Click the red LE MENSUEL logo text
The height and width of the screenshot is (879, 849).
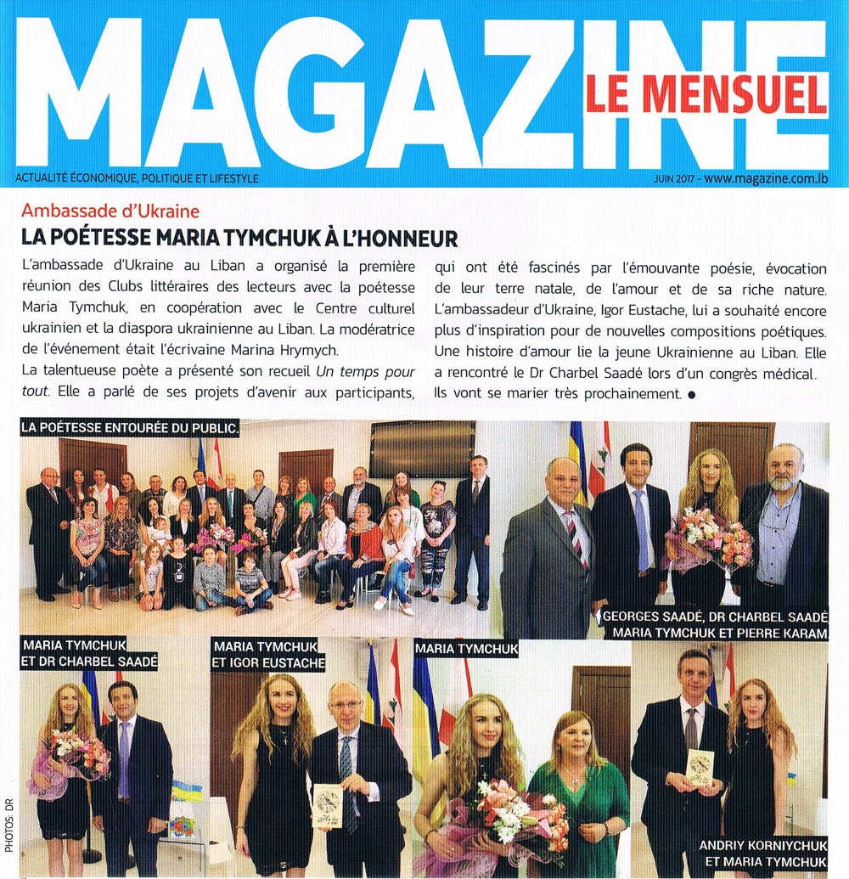coord(705,94)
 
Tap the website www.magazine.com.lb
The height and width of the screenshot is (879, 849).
coord(764,178)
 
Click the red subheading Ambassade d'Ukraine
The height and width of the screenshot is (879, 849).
coord(110,211)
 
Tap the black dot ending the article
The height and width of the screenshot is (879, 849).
coord(691,394)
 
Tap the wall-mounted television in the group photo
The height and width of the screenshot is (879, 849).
coord(422,448)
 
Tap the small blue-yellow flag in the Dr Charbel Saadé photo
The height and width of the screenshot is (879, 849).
coord(186,790)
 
